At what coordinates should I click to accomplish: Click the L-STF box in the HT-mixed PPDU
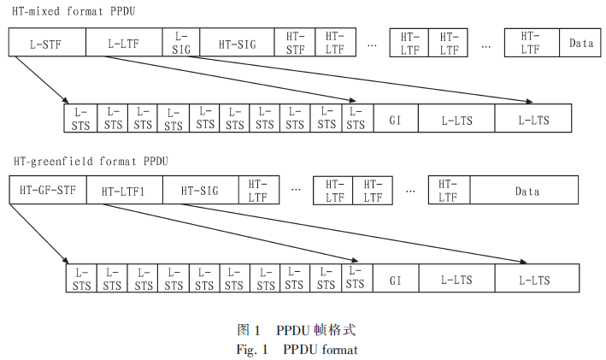(47, 42)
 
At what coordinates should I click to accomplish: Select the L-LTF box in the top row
(124, 42)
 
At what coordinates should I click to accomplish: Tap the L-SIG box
(180, 42)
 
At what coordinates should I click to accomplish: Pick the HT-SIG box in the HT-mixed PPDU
(237, 42)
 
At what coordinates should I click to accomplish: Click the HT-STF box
(295, 42)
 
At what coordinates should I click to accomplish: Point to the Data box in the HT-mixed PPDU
(581, 42)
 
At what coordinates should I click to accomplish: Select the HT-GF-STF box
(48, 191)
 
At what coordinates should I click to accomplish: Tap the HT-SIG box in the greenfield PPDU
(199, 191)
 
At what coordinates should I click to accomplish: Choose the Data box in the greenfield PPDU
(527, 191)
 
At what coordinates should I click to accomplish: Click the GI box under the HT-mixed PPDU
(395, 119)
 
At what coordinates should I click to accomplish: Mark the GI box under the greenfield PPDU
(396, 280)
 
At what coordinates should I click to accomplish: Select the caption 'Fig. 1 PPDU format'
(297, 349)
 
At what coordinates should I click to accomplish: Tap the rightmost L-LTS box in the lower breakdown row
(534, 280)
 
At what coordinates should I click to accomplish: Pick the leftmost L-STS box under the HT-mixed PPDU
(80, 119)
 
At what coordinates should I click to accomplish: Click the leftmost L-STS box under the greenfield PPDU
(82, 280)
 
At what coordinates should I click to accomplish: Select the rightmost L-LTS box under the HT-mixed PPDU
(533, 119)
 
